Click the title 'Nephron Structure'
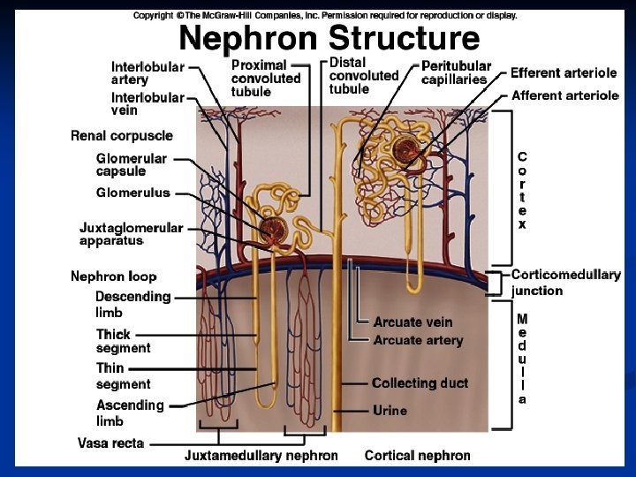(x=329, y=38)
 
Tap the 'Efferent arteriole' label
(x=564, y=73)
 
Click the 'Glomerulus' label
(x=132, y=193)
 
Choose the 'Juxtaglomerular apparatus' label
(x=131, y=233)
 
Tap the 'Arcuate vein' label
(x=413, y=322)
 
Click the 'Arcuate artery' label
(x=418, y=340)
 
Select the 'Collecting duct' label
(x=420, y=383)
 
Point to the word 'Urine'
(x=390, y=411)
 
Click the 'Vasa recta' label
(x=110, y=443)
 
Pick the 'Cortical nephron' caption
(x=417, y=456)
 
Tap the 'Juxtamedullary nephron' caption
(x=261, y=456)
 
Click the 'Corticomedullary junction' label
(x=565, y=283)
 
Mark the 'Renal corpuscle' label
(x=122, y=136)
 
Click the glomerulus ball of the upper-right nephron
(x=409, y=150)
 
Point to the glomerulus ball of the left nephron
(x=273, y=231)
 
